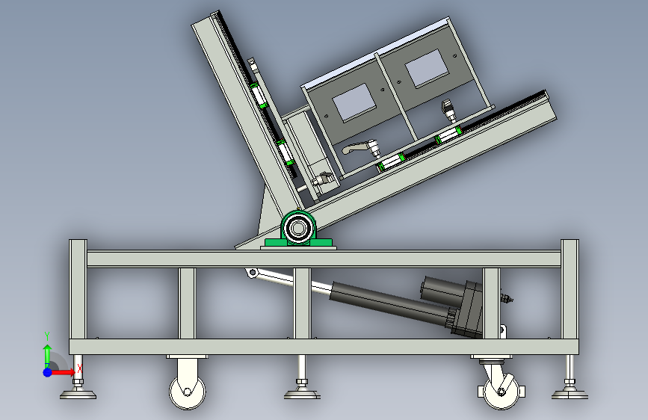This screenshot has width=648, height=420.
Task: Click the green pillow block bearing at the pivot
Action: (298, 230)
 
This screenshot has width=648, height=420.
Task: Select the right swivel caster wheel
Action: (501, 392)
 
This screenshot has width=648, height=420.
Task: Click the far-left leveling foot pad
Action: (78, 395)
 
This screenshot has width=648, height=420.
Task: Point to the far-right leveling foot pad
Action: (570, 395)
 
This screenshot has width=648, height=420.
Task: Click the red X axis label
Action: (79, 368)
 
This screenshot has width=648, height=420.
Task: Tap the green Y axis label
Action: (47, 336)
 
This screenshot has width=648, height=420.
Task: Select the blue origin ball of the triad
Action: (48, 372)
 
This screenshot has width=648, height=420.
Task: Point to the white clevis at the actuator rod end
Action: (252, 273)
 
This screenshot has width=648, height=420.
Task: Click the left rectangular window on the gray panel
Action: (354, 102)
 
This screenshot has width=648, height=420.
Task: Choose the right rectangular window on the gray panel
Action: (427, 68)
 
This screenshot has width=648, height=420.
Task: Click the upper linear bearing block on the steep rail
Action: (259, 96)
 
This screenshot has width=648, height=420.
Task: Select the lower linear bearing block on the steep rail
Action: (286, 152)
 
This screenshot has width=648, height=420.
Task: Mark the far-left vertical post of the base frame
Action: (78, 289)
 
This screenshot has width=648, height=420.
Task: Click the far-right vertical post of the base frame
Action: (570, 289)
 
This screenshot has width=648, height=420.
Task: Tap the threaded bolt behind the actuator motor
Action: (507, 297)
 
